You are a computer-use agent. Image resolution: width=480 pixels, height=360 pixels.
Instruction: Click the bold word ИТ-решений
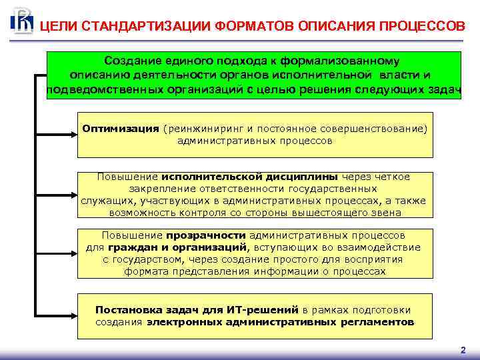coord(264,310)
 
